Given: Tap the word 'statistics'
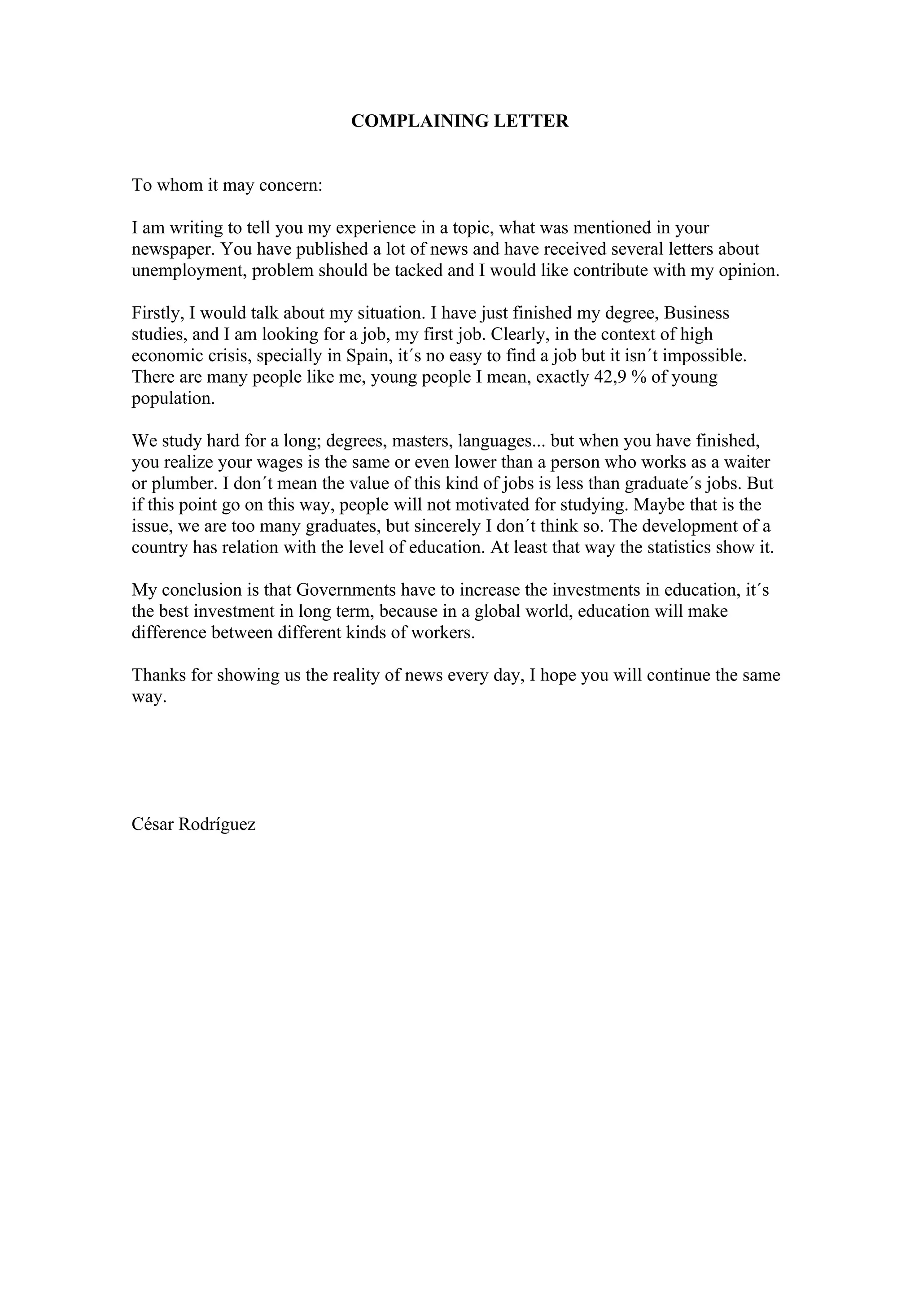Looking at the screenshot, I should pos(679,548).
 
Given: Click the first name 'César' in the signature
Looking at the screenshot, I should pos(153,824).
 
